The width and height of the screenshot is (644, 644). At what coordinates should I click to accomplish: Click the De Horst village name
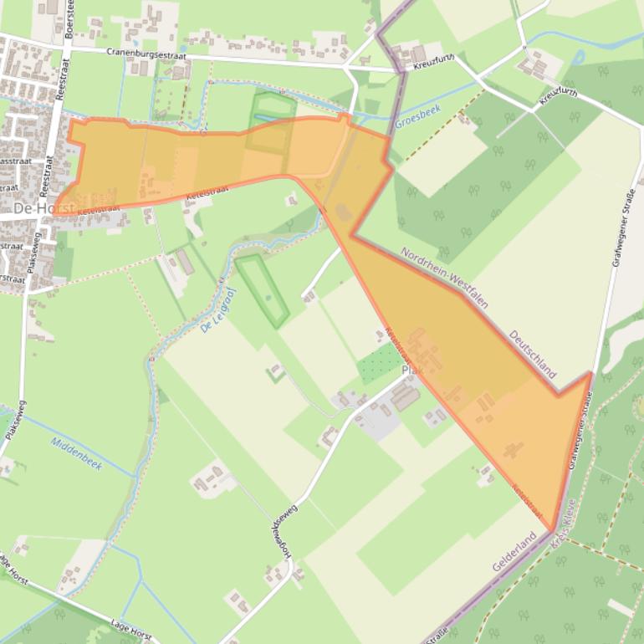pyautogui.click(x=43, y=207)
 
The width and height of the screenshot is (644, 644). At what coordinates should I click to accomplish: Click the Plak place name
pyautogui.click(x=411, y=371)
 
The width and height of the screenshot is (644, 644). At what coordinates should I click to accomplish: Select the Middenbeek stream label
pyautogui.click(x=76, y=452)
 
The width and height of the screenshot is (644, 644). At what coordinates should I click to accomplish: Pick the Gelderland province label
pyautogui.click(x=514, y=552)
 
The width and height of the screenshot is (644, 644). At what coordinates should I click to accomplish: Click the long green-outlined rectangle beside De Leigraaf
pyautogui.click(x=262, y=291)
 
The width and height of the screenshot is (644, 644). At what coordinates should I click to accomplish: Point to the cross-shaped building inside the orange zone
pyautogui.click(x=514, y=449)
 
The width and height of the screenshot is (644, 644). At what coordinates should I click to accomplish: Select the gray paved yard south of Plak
pyautogui.click(x=381, y=422)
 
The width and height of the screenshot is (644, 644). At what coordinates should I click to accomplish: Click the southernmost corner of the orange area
pyautogui.click(x=552, y=530)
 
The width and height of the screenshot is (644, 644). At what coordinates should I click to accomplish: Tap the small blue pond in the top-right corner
pyautogui.click(x=577, y=58)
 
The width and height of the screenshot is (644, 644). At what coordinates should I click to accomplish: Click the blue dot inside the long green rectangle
pyautogui.click(x=268, y=296)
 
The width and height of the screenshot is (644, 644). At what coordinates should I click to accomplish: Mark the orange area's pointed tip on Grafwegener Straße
pyautogui.click(x=590, y=373)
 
